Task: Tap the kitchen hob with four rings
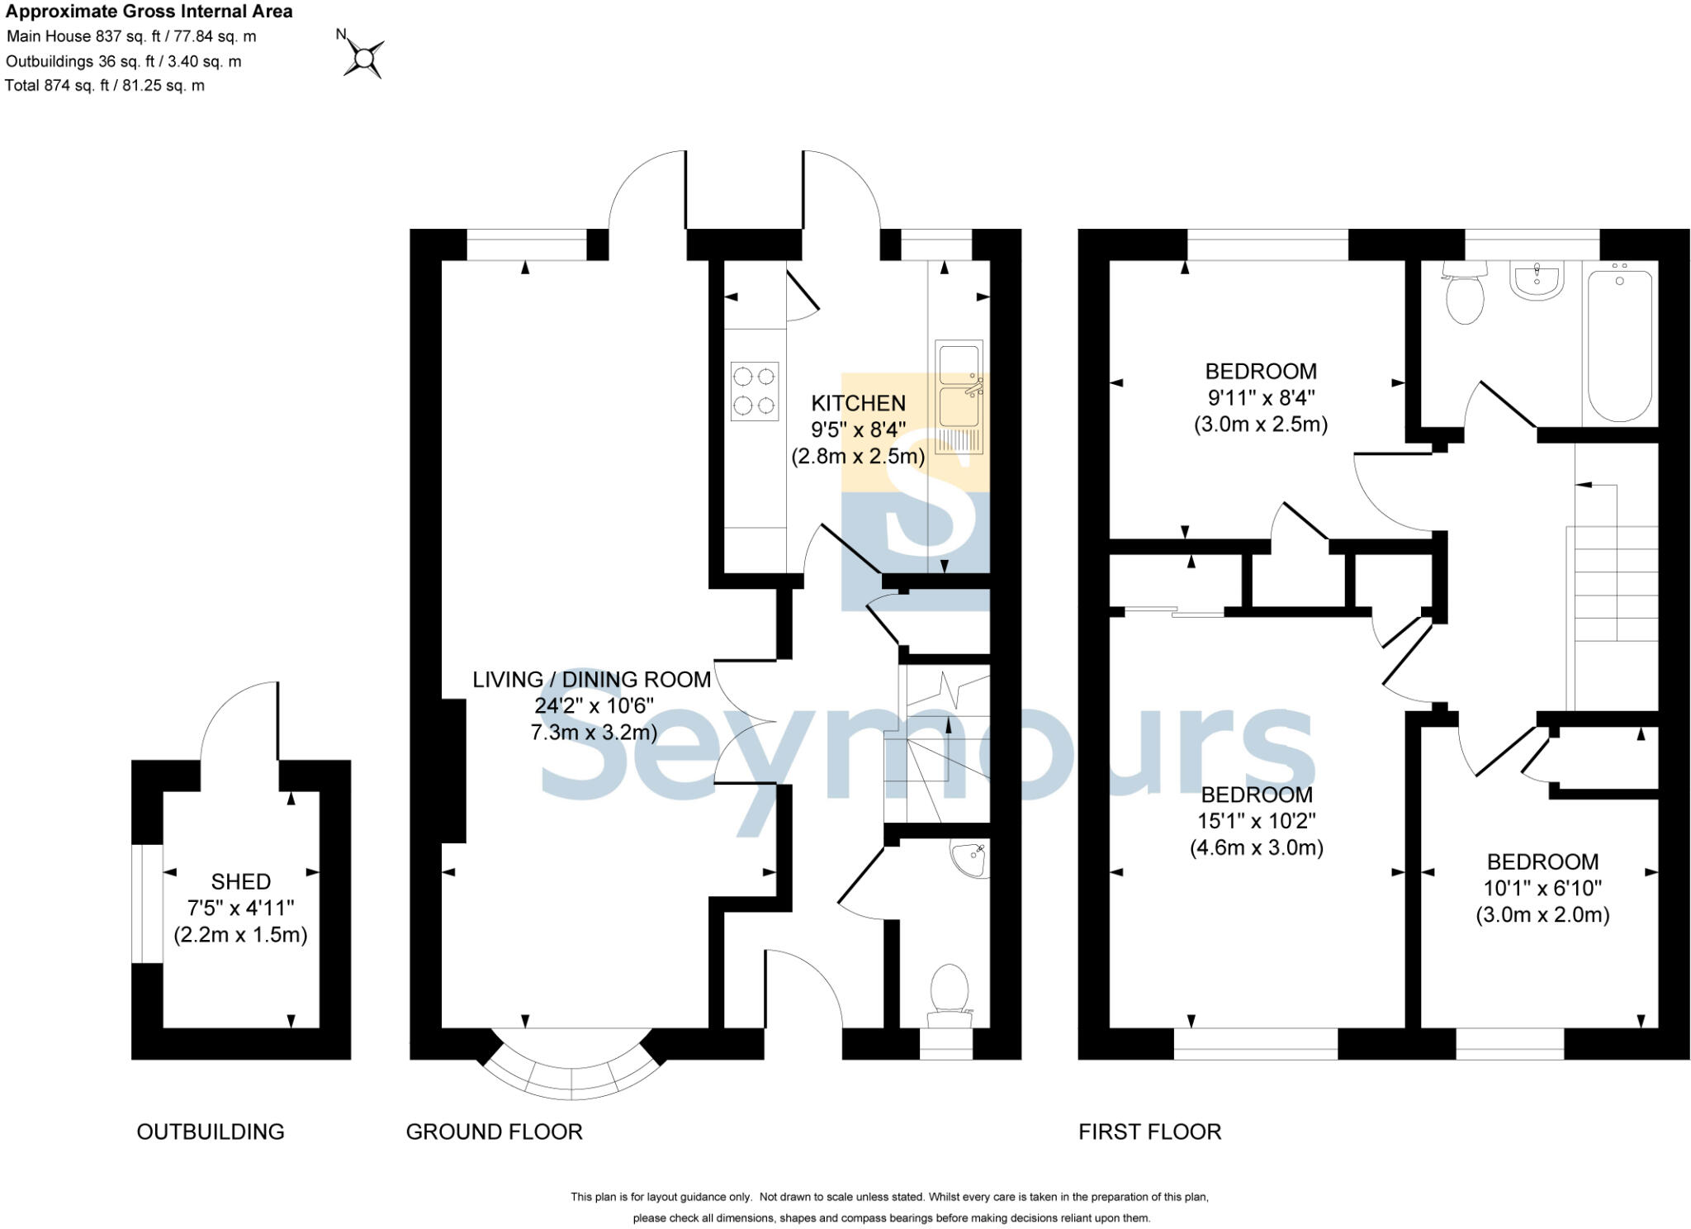(x=755, y=391)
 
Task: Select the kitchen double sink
(x=959, y=396)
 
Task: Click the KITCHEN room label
(x=858, y=403)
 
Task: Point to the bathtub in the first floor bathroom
(x=1620, y=341)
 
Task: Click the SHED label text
(x=240, y=881)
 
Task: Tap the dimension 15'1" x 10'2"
(x=1256, y=821)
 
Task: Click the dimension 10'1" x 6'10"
(x=1542, y=889)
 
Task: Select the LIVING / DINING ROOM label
(x=591, y=680)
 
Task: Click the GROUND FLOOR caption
(x=494, y=1132)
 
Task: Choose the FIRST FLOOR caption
(x=1149, y=1132)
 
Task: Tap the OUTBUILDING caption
(x=211, y=1132)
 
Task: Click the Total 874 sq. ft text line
(x=105, y=85)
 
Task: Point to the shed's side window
(x=148, y=903)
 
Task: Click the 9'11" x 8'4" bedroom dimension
(x=1260, y=398)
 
